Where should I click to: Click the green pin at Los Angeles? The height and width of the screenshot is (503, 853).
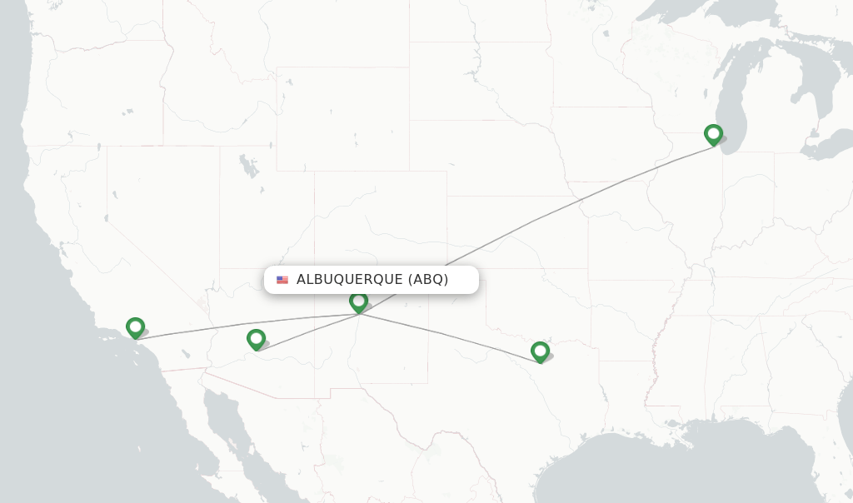135,328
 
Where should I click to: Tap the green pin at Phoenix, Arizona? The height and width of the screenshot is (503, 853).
256,339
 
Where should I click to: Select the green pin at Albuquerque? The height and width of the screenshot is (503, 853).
358,301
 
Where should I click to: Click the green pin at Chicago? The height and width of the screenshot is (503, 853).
713,134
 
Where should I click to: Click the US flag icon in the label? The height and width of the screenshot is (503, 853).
282,280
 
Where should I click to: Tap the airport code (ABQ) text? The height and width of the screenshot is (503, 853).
428,280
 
